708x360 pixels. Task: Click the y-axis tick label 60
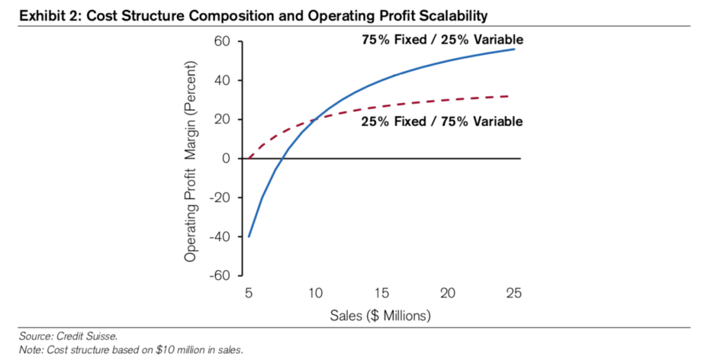click(x=221, y=42)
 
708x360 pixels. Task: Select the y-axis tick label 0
click(x=225, y=159)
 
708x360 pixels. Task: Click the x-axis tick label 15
click(x=381, y=293)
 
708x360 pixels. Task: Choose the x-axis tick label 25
click(x=513, y=293)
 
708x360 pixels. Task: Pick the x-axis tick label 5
click(x=249, y=293)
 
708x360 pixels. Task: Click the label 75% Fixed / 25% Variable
click(x=442, y=40)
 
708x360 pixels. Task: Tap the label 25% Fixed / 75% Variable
click(x=442, y=122)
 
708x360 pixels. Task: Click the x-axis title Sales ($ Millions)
click(x=381, y=316)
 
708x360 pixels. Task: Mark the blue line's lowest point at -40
click(x=249, y=237)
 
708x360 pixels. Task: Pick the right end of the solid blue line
click(x=513, y=49)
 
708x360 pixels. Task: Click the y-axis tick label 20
click(x=221, y=120)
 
